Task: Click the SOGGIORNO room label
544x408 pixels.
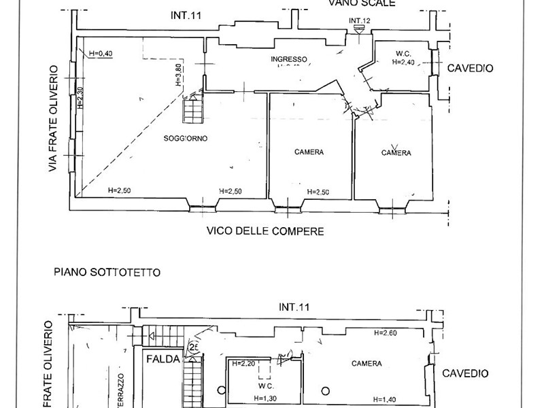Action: [x=185, y=139]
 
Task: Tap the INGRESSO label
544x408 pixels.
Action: [x=289, y=59]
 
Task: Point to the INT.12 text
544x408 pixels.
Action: [x=359, y=20]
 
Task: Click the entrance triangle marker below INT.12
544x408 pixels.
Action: [x=359, y=30]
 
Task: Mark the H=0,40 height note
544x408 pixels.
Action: [x=100, y=54]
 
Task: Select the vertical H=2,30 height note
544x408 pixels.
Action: [x=79, y=99]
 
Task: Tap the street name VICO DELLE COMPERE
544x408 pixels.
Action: [x=265, y=231]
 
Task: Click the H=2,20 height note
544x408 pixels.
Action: [x=243, y=364]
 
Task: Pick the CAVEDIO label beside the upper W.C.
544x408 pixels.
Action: [x=469, y=68]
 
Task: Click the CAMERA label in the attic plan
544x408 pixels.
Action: [x=366, y=364]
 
